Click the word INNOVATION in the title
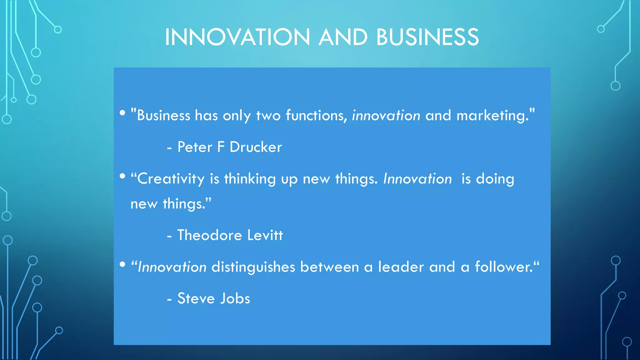(237, 37)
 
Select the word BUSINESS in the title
(427, 37)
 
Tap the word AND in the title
(343, 37)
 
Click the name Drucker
(256, 147)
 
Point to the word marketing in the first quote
(492, 116)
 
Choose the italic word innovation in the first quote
(386, 116)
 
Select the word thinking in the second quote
(250, 179)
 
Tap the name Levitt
(265, 235)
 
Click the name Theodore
(210, 235)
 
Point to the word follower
(504, 267)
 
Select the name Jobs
(235, 298)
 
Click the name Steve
(196, 298)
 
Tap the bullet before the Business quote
(122, 113)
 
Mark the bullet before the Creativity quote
(122, 176)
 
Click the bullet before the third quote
(122, 264)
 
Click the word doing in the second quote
(495, 179)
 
